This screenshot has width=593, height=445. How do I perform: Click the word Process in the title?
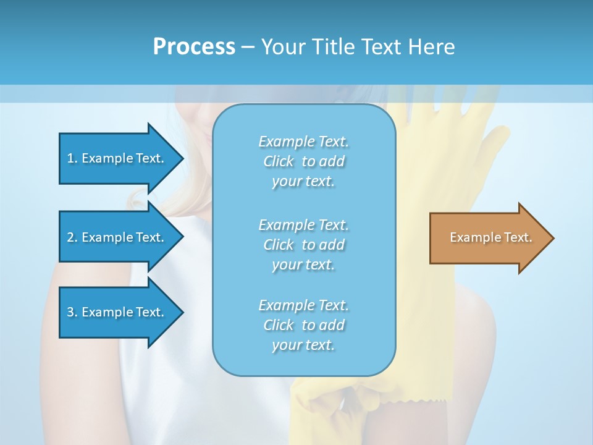(x=194, y=46)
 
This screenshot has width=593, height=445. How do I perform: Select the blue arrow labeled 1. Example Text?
(x=117, y=158)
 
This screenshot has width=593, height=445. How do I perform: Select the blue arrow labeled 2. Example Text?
(x=117, y=237)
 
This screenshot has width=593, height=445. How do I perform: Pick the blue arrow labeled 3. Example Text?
(x=117, y=312)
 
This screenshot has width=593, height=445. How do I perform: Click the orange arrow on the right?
(x=488, y=237)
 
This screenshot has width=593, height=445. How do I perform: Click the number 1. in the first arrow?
(x=72, y=158)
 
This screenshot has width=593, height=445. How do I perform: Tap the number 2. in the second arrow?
(x=72, y=237)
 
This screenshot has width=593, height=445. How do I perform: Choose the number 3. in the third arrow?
(x=72, y=312)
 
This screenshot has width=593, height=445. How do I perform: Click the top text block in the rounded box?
(x=303, y=161)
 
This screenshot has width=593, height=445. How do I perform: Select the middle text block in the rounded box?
(x=303, y=245)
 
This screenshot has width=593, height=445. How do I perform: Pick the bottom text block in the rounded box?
(x=303, y=325)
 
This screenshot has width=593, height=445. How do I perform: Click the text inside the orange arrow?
(x=490, y=237)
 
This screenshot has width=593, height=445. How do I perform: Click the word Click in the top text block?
(x=279, y=161)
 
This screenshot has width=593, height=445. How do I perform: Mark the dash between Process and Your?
(x=248, y=47)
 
